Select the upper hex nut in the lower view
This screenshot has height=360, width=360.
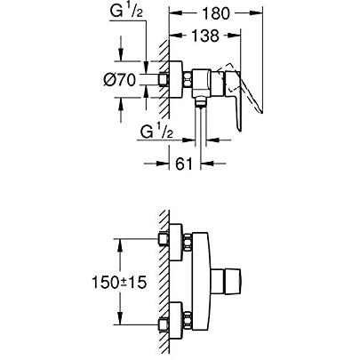163,240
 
